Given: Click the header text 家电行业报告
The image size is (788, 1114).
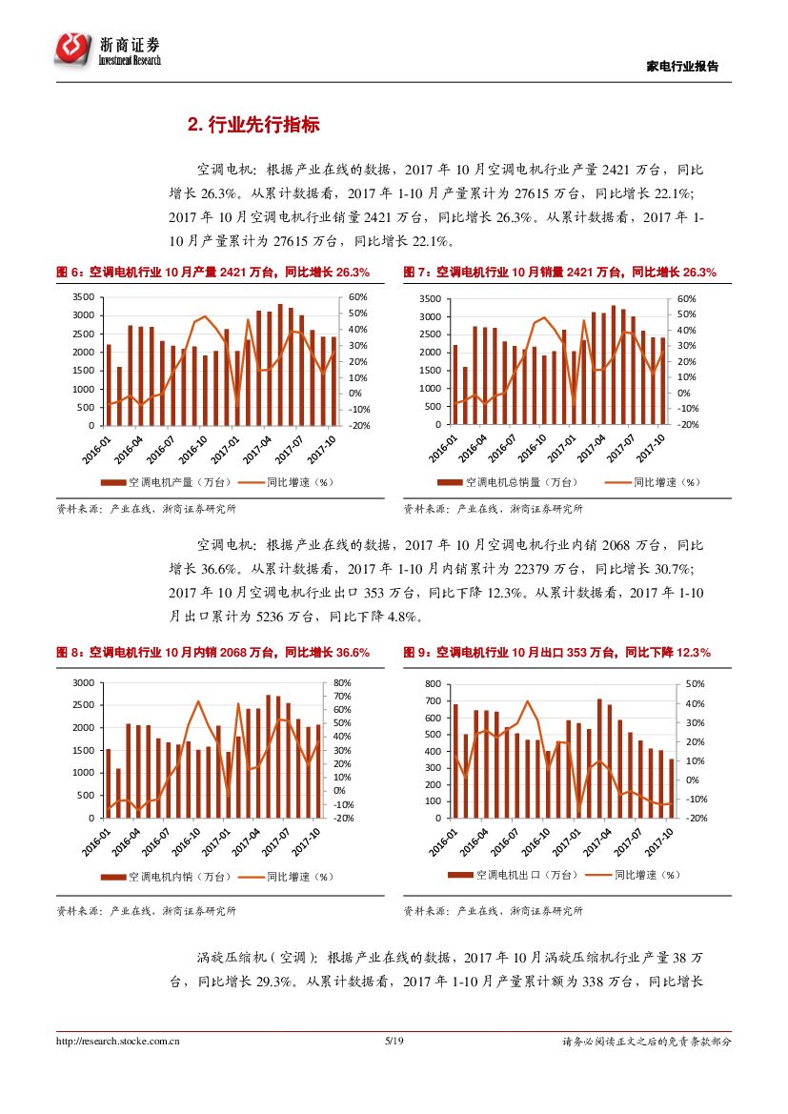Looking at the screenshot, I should pos(682,67).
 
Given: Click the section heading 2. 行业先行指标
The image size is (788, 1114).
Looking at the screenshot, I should pos(253,125).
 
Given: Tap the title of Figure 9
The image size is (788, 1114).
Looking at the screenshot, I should pos(556,653).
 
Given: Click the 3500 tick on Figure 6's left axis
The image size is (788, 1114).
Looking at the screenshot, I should pos(84,298).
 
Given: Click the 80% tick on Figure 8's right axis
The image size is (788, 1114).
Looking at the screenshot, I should pos(343,683).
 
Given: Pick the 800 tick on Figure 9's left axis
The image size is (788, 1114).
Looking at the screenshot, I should pos(433,684).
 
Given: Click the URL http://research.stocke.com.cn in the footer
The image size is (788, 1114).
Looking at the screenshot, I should pos(118,1042).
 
